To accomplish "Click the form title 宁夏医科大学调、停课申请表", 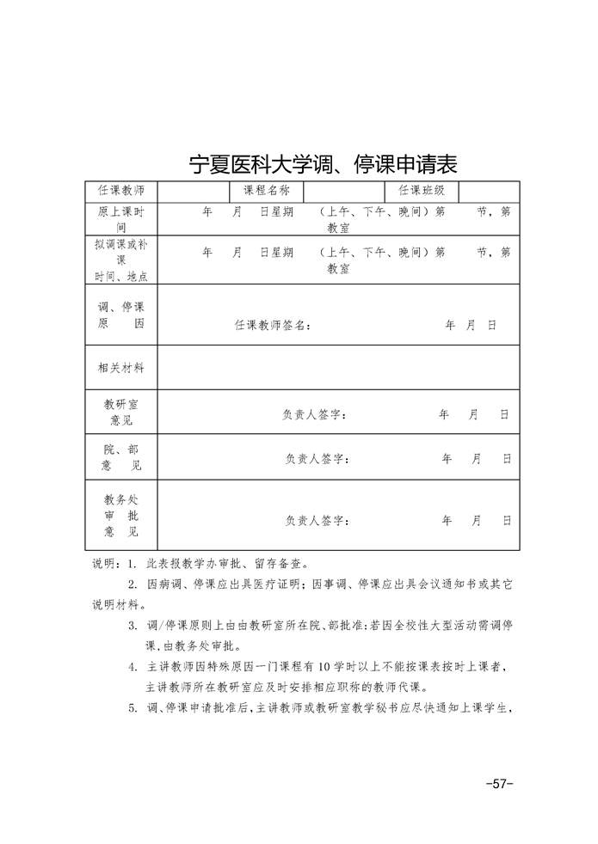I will [322, 163].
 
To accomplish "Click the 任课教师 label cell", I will [121, 191].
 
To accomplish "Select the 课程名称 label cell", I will [266, 191].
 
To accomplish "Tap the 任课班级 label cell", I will [421, 191].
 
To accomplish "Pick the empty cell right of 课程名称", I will [343, 191].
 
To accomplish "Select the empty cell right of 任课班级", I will [488, 191].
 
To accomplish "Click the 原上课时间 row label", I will [121, 220].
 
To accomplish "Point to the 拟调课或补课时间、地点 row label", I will [121, 260].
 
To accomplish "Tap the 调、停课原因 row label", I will [121, 315].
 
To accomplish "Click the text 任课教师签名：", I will [273, 326].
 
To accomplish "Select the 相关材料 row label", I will [121, 368].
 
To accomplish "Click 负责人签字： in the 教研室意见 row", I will [315, 415].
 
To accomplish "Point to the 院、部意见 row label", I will [121, 457].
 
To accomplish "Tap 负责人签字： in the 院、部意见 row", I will [317, 459].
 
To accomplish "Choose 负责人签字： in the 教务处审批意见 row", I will [317, 520].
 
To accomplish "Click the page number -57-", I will [499, 783].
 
